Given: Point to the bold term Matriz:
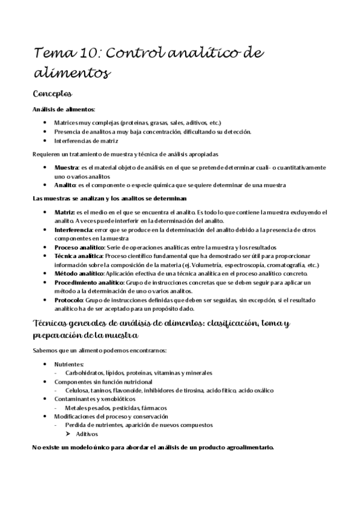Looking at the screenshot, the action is click(65, 212).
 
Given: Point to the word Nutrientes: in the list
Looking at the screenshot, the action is click(69, 364).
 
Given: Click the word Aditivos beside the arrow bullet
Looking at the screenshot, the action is click(88, 434).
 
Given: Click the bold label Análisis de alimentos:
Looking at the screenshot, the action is click(63, 109).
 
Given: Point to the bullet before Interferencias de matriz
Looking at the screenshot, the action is click(46, 141).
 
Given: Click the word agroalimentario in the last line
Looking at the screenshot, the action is click(246, 448).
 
